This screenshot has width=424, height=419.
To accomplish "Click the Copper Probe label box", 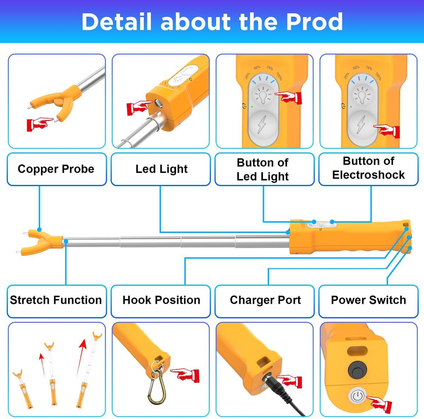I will (56, 169).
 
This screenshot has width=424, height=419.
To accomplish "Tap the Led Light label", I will (161, 169).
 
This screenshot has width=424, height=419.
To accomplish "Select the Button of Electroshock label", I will (368, 168).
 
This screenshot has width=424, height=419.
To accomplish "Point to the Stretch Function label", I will (56, 300).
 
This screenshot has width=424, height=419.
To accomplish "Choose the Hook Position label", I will (161, 300).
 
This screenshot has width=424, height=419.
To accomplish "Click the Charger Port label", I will (265, 300).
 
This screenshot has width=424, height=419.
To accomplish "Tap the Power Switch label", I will (368, 300).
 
